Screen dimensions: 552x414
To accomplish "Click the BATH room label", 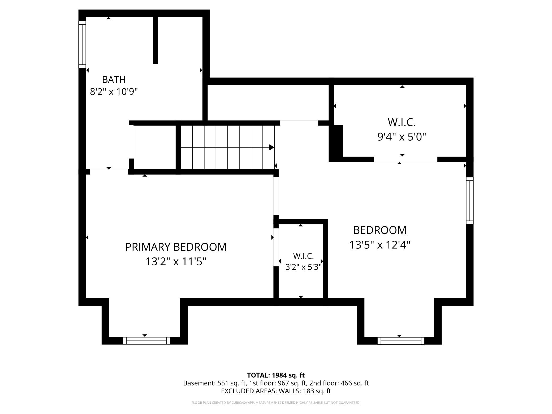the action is coord(114,79).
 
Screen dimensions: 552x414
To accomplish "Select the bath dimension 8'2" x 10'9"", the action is coord(114,92).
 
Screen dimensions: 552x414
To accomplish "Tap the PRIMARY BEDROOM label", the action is coord(176,247).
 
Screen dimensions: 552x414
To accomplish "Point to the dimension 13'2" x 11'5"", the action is coord(176,262).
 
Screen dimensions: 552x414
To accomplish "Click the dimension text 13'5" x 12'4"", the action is coord(380,245).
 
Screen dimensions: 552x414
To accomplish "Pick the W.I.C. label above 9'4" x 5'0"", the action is coord(402,122).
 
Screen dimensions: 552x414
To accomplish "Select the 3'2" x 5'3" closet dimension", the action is coord(303,267).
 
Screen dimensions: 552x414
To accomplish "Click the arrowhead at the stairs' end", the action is coord(272,147).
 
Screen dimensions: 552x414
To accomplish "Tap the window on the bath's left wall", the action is coord(82,45).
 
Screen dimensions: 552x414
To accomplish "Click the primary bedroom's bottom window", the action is coord(146,341).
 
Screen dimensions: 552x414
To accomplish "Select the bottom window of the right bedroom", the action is coord(401,341).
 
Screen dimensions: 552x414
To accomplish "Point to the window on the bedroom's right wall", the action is coord(470,201).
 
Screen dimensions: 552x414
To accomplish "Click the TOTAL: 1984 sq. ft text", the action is coord(276,375).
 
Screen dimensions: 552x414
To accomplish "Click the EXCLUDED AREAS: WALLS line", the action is coord(276,391).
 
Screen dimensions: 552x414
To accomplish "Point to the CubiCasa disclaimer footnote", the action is coord(276,403).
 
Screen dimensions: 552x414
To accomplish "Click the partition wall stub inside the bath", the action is coord(156,40).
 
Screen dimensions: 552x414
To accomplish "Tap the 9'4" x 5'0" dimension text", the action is coord(402,137).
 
